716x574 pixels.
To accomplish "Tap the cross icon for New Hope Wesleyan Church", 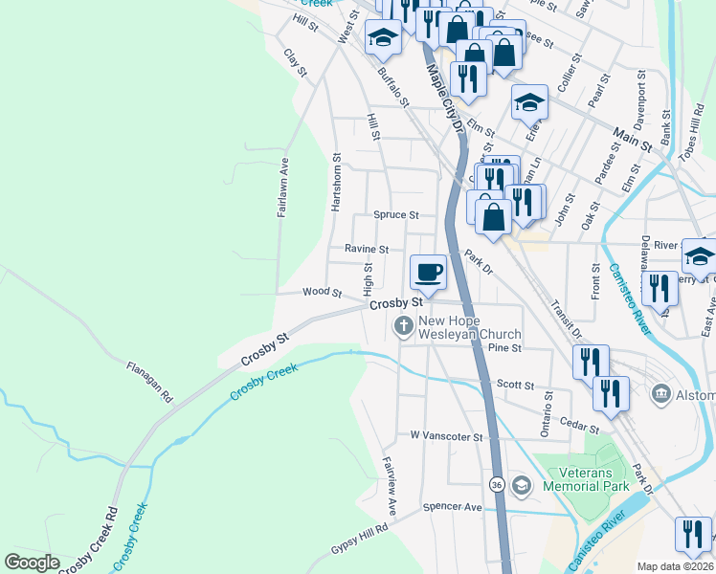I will (404, 327).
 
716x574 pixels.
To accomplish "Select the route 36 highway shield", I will (497, 485).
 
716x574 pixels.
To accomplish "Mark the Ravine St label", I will (367, 249).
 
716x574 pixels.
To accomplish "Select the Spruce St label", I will (396, 215).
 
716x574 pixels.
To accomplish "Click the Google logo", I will (33, 562).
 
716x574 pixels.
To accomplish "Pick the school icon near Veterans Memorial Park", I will (520, 486).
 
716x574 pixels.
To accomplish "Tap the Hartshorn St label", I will (336, 182).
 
